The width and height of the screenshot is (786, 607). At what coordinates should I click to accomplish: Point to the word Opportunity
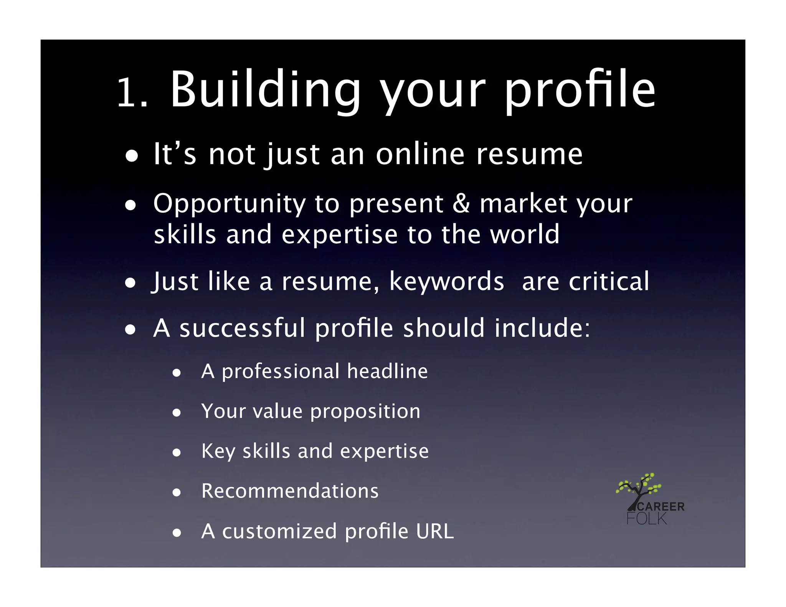click(x=229, y=204)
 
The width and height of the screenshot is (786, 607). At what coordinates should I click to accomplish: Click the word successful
click(x=242, y=328)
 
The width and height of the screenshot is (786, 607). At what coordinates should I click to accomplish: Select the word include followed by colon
click(x=542, y=328)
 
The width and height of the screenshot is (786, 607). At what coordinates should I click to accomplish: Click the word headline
click(x=387, y=371)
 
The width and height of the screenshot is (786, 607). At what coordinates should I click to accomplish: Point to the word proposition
click(x=365, y=412)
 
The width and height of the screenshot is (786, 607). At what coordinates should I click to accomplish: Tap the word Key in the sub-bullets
click(x=218, y=451)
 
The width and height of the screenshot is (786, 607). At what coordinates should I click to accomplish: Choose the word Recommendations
click(x=290, y=491)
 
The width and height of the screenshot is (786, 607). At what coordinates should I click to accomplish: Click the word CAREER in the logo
click(x=660, y=506)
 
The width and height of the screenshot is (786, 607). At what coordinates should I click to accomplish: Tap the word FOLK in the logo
click(x=647, y=519)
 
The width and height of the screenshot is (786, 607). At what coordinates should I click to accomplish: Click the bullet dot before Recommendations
click(x=177, y=492)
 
